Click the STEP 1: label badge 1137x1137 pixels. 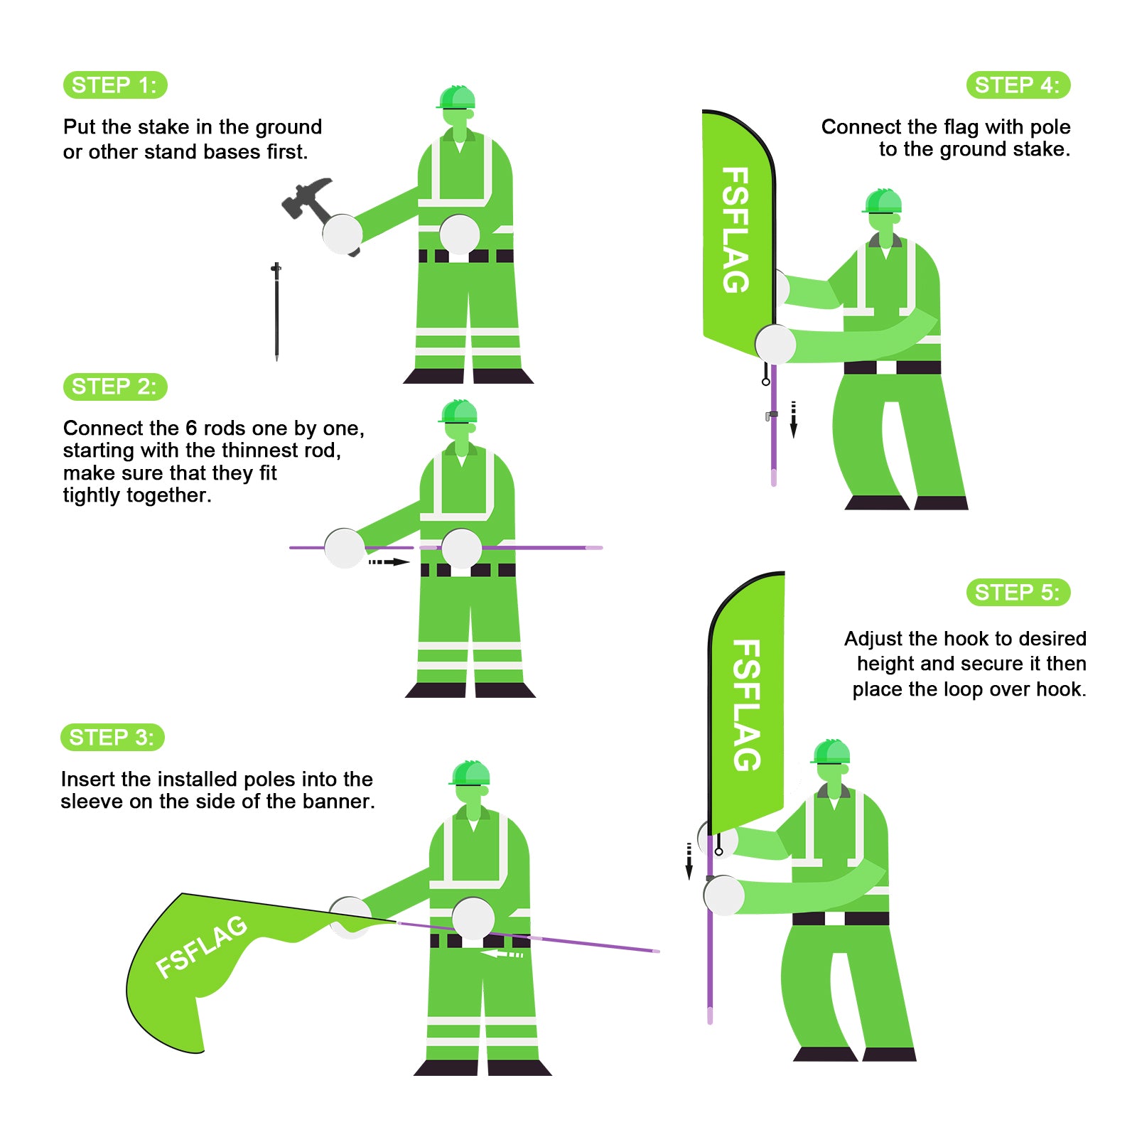tap(115, 85)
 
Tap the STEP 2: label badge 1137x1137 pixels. tap(115, 387)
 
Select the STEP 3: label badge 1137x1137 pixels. tap(112, 738)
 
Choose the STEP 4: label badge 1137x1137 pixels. tap(1018, 85)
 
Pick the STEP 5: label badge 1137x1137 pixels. tap(1018, 593)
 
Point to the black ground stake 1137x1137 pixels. tap(276, 311)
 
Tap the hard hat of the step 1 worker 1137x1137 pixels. tap(456, 97)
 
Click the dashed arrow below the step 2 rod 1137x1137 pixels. tap(389, 562)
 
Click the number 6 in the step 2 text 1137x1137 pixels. tap(191, 429)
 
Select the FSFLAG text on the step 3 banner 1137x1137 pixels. tap(202, 947)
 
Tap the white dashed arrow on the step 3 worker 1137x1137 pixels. tap(502, 954)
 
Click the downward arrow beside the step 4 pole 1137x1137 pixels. tap(794, 419)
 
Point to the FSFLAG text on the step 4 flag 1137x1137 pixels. tap(735, 230)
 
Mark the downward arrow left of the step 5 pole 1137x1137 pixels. tap(689, 861)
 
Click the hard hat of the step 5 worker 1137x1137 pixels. tap(831, 752)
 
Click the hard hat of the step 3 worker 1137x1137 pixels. tap(469, 773)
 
